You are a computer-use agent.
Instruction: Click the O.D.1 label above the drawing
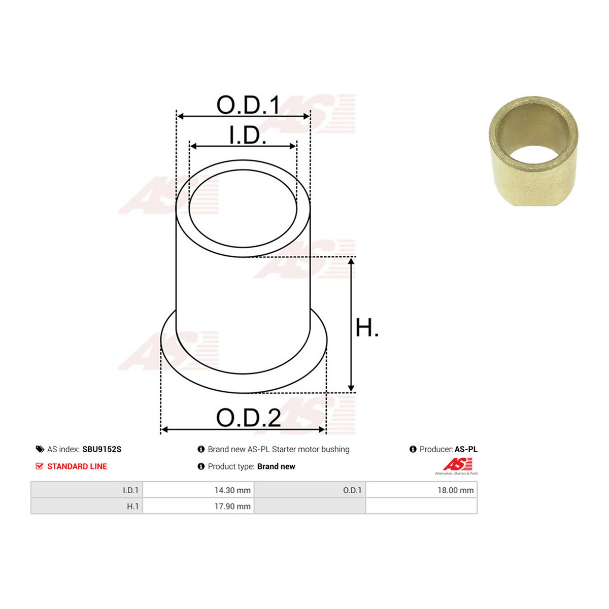(248, 105)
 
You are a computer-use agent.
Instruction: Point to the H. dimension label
(367, 327)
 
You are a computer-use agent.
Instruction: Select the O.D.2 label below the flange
(248, 418)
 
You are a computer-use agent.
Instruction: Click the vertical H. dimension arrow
(351, 325)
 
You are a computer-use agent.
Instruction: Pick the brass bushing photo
(533, 151)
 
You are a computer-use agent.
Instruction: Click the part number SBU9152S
(102, 449)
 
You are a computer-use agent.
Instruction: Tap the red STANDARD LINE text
(77, 466)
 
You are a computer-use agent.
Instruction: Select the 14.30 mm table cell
(198, 490)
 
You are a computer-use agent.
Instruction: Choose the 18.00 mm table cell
(422, 490)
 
